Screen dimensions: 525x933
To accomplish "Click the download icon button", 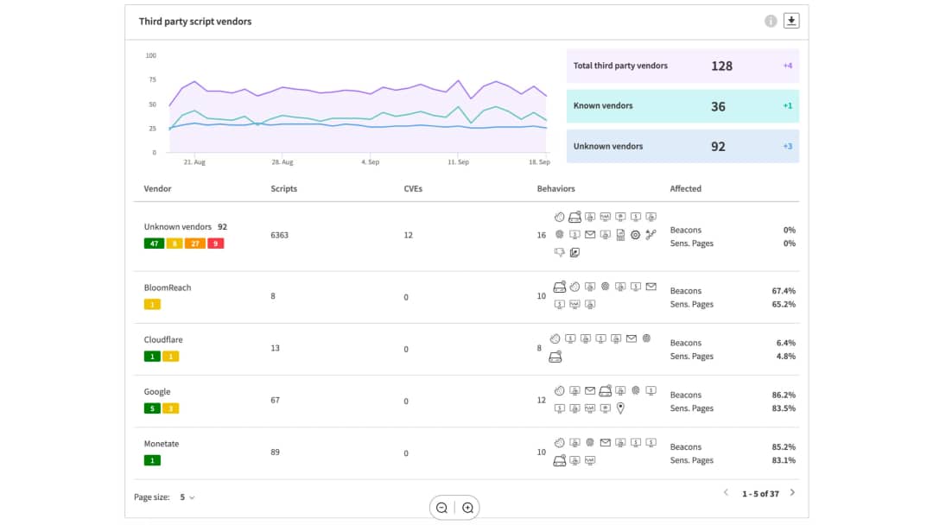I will click(791, 22).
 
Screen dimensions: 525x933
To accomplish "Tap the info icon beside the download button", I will click(771, 22).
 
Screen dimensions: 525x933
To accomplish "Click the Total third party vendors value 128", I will click(721, 66).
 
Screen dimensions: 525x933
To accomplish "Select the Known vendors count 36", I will click(718, 107).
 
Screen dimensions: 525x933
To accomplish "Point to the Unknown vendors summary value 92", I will click(718, 147).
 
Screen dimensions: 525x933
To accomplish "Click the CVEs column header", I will click(413, 188).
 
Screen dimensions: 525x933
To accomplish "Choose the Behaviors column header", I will click(555, 188).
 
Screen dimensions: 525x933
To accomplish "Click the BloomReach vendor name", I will click(168, 288).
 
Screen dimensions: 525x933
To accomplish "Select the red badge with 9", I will click(215, 244).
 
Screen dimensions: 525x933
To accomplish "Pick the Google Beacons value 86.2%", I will click(784, 395).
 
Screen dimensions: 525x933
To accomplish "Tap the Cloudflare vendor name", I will click(163, 339).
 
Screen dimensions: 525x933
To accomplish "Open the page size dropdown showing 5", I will click(187, 497).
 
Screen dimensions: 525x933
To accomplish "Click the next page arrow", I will click(792, 493).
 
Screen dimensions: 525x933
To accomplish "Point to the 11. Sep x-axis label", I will click(458, 161).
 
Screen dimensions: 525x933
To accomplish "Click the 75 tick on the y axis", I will click(151, 79).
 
